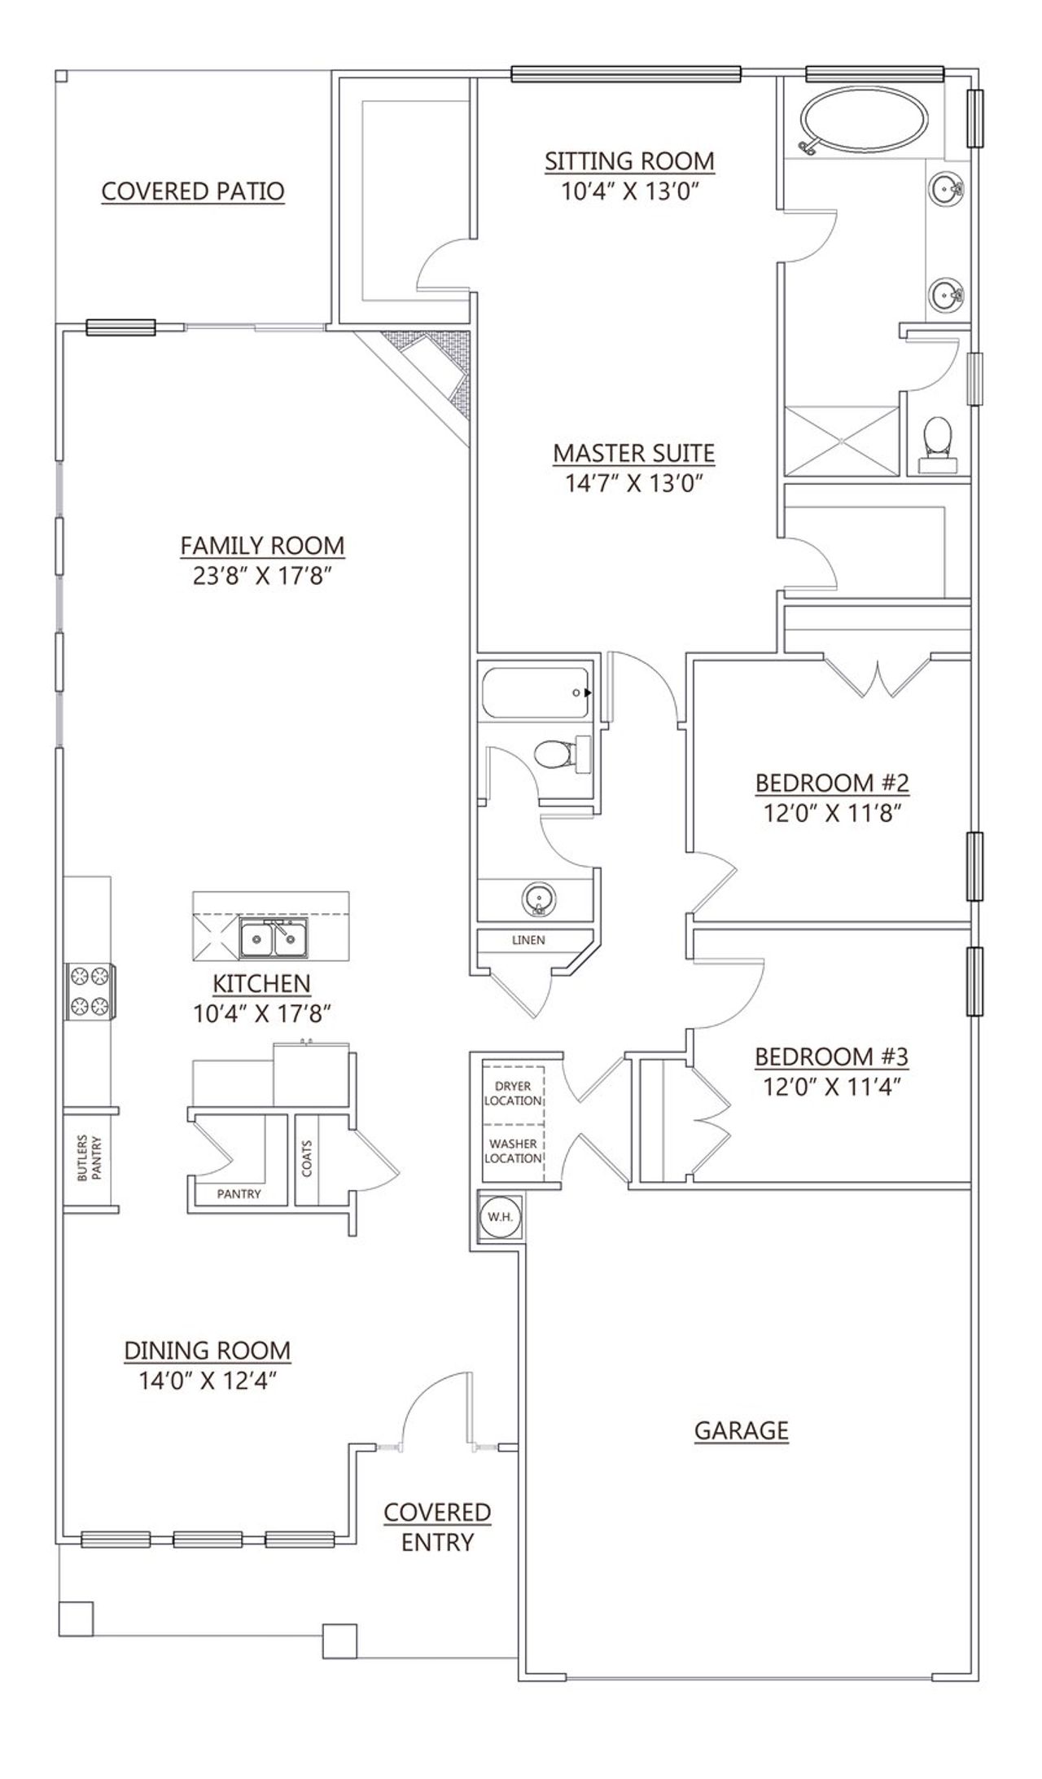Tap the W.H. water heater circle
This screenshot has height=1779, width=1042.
[497, 1217]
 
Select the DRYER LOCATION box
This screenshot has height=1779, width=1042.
[513, 1093]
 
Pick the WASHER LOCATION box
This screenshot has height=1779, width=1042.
[513, 1151]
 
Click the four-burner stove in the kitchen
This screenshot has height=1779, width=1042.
[90, 991]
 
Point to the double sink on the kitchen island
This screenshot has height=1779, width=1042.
[274, 939]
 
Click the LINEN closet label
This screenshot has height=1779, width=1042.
[528, 939]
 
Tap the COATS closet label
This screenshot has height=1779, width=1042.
[307, 1157]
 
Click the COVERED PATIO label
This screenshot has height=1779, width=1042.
[193, 191]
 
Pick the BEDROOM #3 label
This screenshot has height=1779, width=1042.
[830, 1056]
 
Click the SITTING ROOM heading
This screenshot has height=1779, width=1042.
[629, 160]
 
